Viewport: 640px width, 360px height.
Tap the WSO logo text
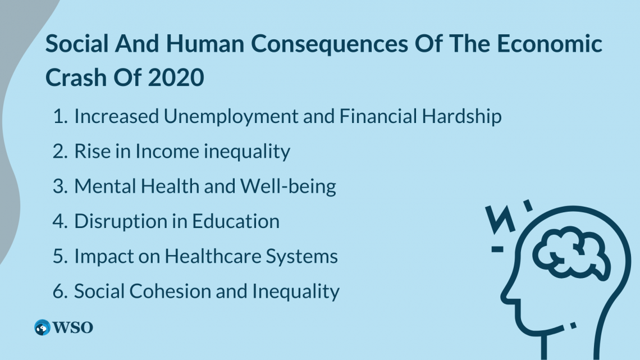(73, 328)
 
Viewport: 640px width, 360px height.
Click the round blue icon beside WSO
(42, 328)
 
